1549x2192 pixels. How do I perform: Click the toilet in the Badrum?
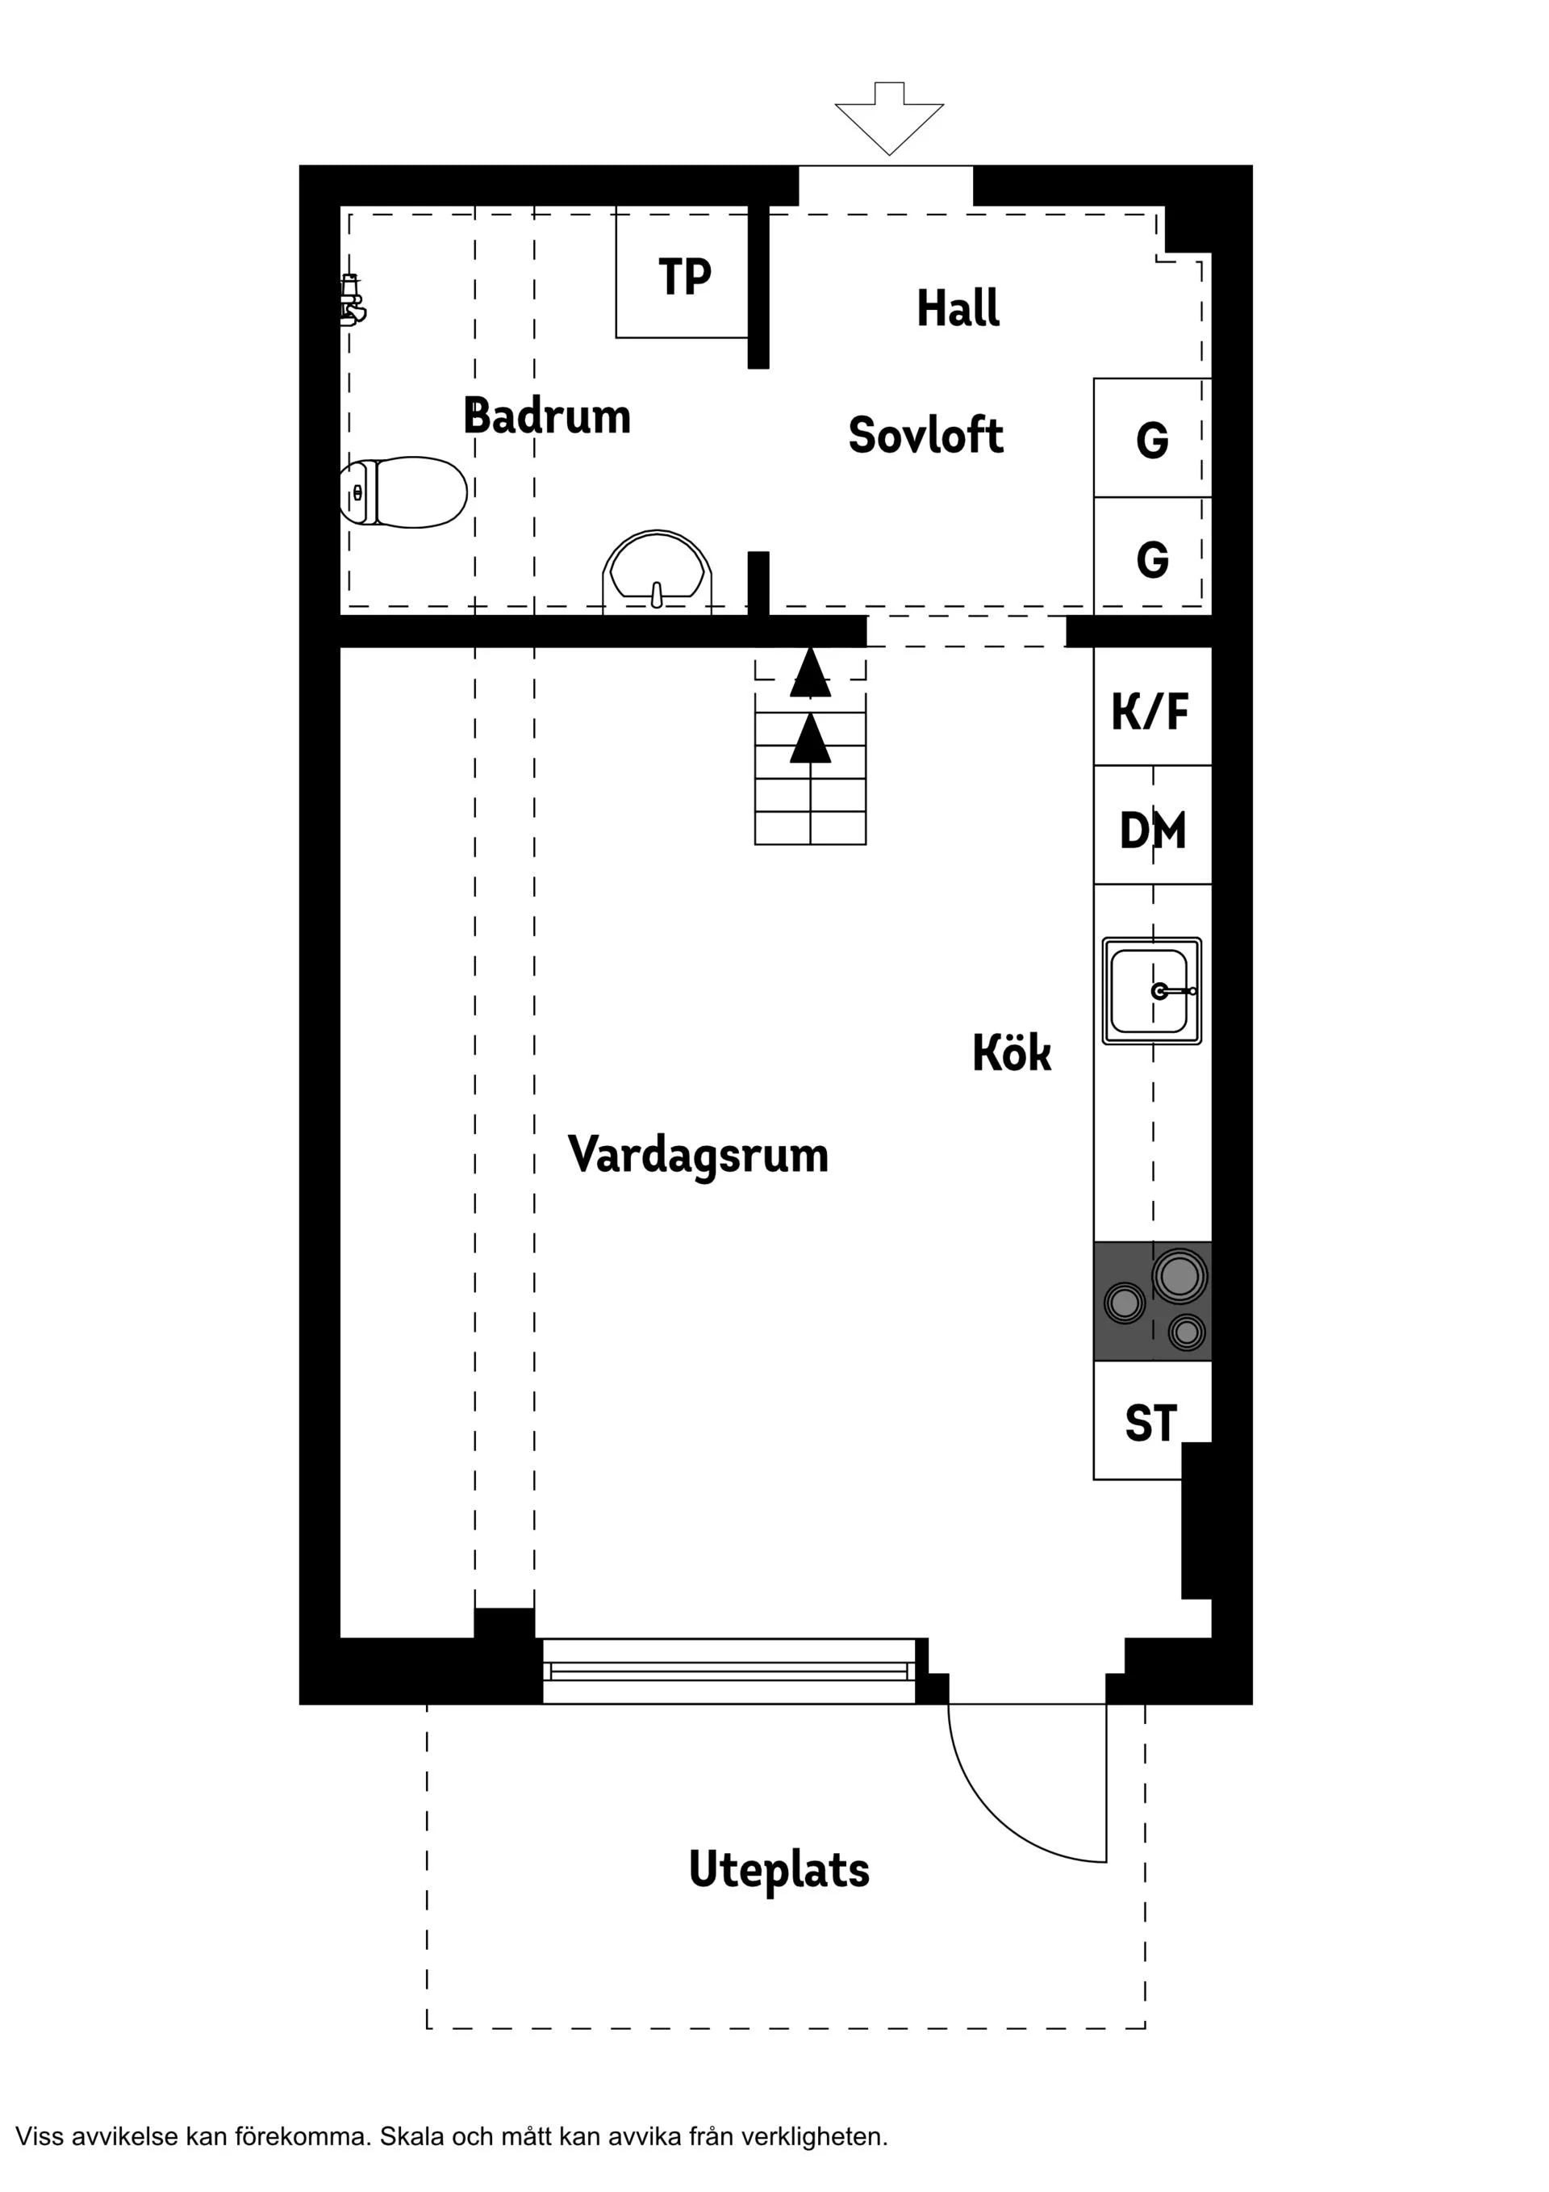403,492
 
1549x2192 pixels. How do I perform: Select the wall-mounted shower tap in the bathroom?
353,299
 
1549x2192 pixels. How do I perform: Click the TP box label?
684,277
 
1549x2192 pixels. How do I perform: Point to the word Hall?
958,308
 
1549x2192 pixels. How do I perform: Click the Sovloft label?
925,435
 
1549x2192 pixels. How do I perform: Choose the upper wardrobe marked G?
1152,439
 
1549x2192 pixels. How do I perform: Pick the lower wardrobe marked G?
1152,558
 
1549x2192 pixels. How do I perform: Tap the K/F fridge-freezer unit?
1151,710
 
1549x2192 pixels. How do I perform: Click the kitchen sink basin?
1150,991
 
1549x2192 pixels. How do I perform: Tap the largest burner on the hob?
1179,1277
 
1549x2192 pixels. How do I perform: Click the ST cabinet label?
1150,1424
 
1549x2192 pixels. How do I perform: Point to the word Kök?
1011,1053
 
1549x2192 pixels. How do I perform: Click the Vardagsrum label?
698,1154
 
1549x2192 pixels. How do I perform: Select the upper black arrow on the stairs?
810,673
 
